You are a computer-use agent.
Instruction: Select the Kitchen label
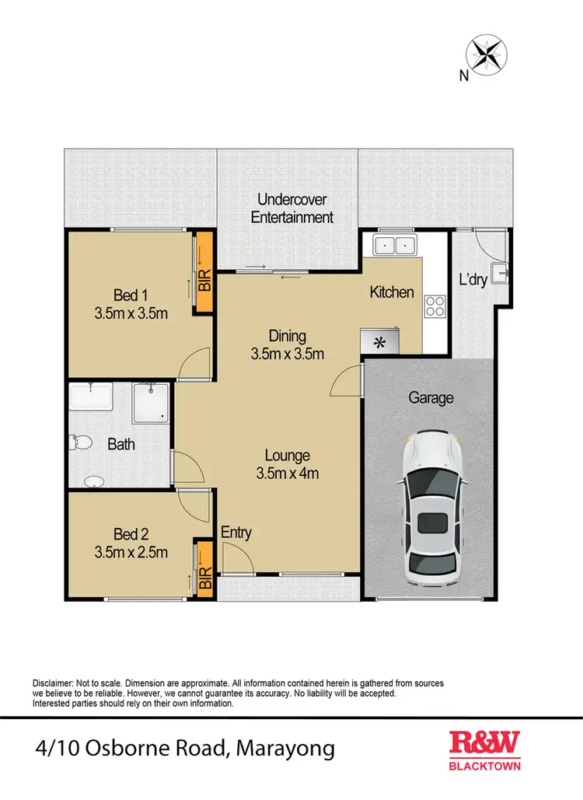[392, 292]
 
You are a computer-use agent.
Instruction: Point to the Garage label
[431, 398]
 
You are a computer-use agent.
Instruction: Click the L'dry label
[473, 279]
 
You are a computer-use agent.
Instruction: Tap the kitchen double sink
[395, 246]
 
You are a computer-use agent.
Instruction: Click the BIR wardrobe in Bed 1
[204, 273]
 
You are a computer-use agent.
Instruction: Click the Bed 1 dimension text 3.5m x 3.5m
[131, 313]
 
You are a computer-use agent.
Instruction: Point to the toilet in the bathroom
[80, 443]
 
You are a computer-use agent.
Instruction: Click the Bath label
[120, 445]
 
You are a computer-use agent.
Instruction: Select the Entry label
[236, 533]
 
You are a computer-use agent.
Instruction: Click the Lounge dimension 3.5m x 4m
[288, 473]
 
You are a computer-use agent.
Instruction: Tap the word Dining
[288, 336]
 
